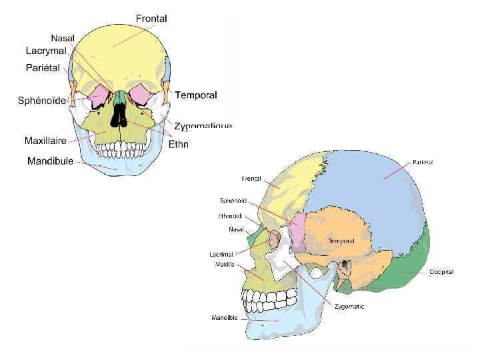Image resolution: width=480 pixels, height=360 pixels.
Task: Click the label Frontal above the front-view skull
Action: [x=151, y=19]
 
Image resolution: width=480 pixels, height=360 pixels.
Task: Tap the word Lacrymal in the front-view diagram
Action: [x=45, y=51]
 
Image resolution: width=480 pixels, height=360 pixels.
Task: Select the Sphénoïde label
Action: [x=41, y=101]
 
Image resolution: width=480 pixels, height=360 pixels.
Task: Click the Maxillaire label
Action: [x=45, y=141]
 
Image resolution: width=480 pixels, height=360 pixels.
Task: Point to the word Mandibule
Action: [x=51, y=161]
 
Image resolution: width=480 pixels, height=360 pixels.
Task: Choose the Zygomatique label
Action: [x=203, y=126]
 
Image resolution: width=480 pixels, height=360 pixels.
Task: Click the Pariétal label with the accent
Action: [x=43, y=67]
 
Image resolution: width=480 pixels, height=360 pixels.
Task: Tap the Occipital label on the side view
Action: [x=441, y=272]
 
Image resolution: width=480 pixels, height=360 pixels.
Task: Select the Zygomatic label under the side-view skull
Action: [x=349, y=307]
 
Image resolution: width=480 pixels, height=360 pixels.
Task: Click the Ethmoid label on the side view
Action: [x=229, y=215]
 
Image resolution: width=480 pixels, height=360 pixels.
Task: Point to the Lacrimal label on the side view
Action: [x=221, y=254]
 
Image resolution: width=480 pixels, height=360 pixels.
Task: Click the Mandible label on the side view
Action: [x=225, y=317]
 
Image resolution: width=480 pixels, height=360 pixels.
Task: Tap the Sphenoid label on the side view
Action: [x=233, y=199]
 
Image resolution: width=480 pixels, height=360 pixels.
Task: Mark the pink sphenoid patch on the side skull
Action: [x=299, y=230]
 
